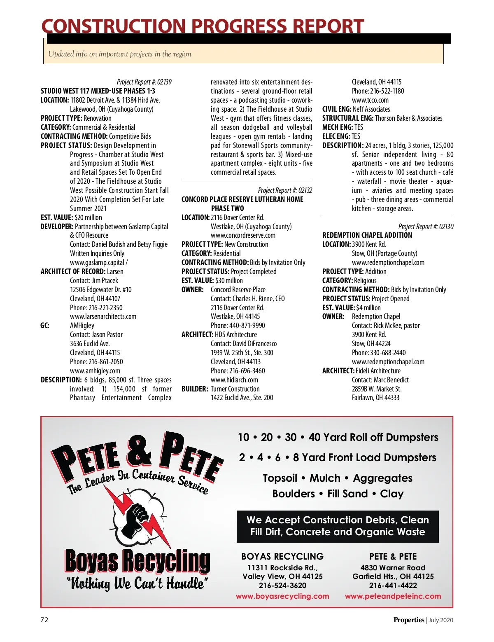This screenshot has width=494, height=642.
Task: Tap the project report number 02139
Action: point(144,82)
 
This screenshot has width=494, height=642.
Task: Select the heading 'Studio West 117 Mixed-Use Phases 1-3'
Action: point(98,91)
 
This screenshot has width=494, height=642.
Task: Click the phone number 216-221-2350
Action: point(96,308)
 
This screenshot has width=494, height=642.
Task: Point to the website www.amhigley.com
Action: point(95,371)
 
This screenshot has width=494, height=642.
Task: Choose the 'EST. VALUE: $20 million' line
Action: point(71,218)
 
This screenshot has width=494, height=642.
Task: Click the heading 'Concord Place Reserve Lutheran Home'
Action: point(242,199)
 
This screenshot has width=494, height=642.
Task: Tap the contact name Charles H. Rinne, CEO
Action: point(247,299)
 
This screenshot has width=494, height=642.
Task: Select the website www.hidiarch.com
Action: point(234,380)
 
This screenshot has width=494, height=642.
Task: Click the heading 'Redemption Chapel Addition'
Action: point(367,235)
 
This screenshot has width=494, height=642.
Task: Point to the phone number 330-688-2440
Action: point(379,353)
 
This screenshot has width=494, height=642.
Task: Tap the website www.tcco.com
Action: point(370,100)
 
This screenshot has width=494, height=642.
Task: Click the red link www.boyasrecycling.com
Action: point(282,596)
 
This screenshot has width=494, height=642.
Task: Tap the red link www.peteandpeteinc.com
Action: point(393,596)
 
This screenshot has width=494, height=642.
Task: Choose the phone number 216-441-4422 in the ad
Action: point(393,586)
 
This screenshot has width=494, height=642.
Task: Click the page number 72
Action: point(44,620)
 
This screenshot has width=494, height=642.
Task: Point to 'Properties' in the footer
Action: point(408,620)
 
